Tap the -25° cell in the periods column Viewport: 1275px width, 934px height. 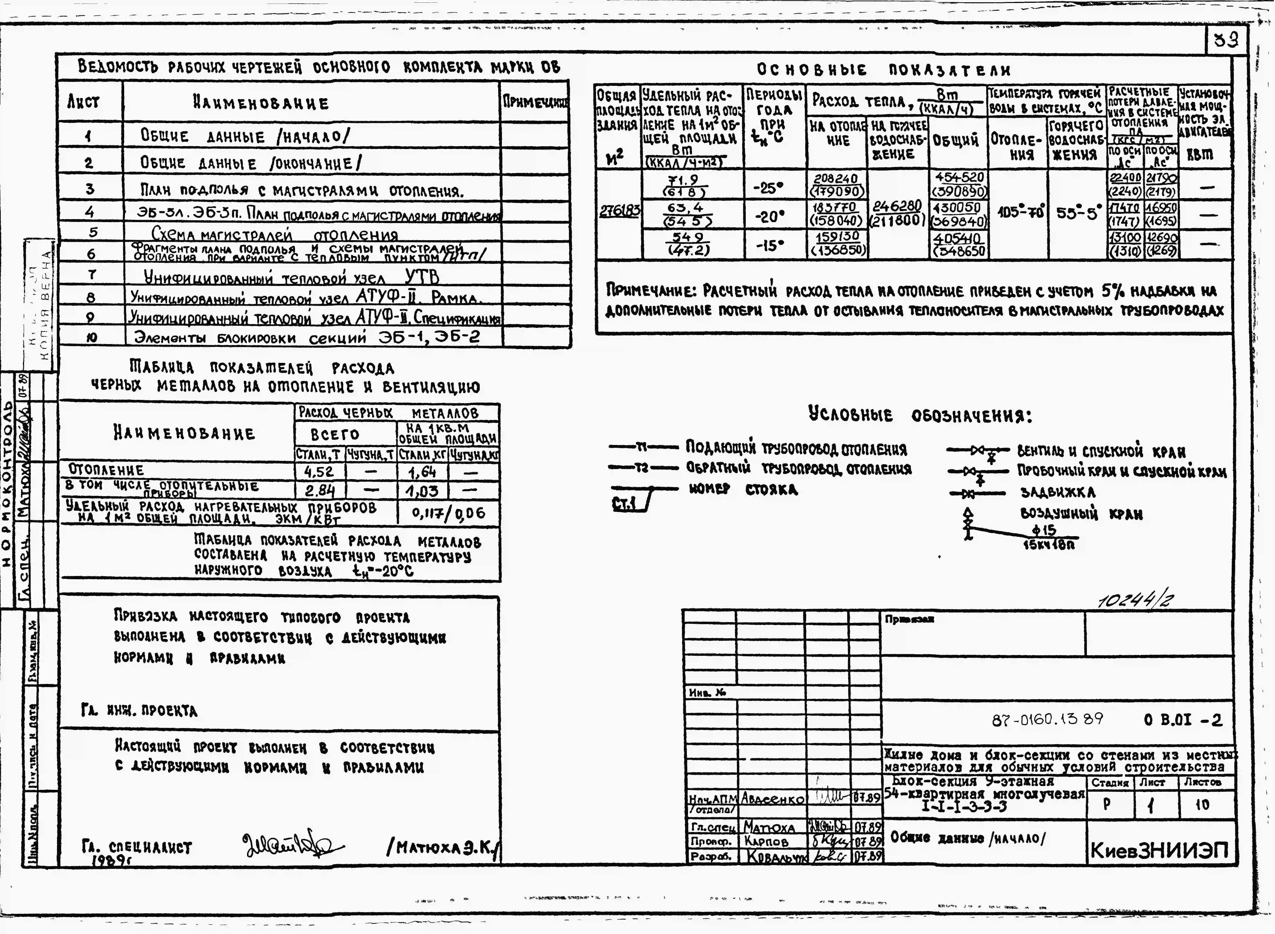[769, 187]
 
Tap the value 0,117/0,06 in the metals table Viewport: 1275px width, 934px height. [448, 513]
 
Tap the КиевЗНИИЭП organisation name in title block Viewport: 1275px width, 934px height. [1159, 850]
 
